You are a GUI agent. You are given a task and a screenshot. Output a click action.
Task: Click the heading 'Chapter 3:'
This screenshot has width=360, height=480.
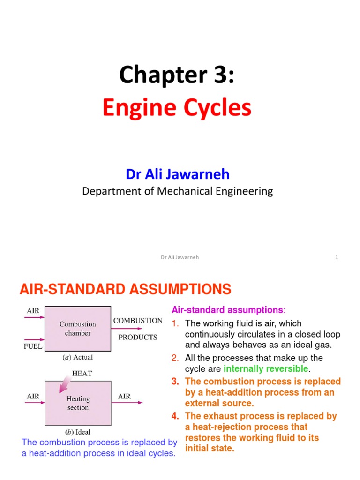[177, 75]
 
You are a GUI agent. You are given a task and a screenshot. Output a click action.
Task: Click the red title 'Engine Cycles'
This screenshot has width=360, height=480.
[177, 108]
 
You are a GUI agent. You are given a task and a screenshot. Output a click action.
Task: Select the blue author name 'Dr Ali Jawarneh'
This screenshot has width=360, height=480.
[178, 174]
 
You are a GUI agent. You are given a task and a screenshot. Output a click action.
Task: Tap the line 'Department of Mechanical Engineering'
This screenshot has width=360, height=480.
[178, 191]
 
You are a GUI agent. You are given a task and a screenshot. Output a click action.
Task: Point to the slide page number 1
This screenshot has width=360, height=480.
[337, 257]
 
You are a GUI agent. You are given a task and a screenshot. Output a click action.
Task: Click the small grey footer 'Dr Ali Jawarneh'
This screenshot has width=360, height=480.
[180, 257]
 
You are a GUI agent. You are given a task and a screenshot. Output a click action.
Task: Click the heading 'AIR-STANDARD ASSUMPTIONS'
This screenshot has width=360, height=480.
[126, 289]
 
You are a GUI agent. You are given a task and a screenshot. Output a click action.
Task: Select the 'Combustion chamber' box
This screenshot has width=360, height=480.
[78, 328]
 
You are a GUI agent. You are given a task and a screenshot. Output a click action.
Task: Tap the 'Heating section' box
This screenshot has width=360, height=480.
[78, 403]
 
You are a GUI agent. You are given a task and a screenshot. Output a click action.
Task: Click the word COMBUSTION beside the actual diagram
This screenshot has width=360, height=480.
[138, 321]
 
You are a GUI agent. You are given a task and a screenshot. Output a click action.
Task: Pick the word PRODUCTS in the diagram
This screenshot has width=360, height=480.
[138, 337]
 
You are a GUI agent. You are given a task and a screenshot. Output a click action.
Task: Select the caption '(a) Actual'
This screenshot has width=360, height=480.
[78, 357]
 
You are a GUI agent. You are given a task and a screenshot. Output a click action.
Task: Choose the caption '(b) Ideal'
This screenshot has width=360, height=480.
[78, 432]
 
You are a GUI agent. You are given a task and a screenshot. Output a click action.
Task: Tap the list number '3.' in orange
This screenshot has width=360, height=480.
[175, 382]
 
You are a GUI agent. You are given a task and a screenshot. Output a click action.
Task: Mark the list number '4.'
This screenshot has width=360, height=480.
[175, 416]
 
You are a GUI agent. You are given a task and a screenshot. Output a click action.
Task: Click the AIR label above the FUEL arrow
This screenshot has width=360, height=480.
[33, 311]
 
